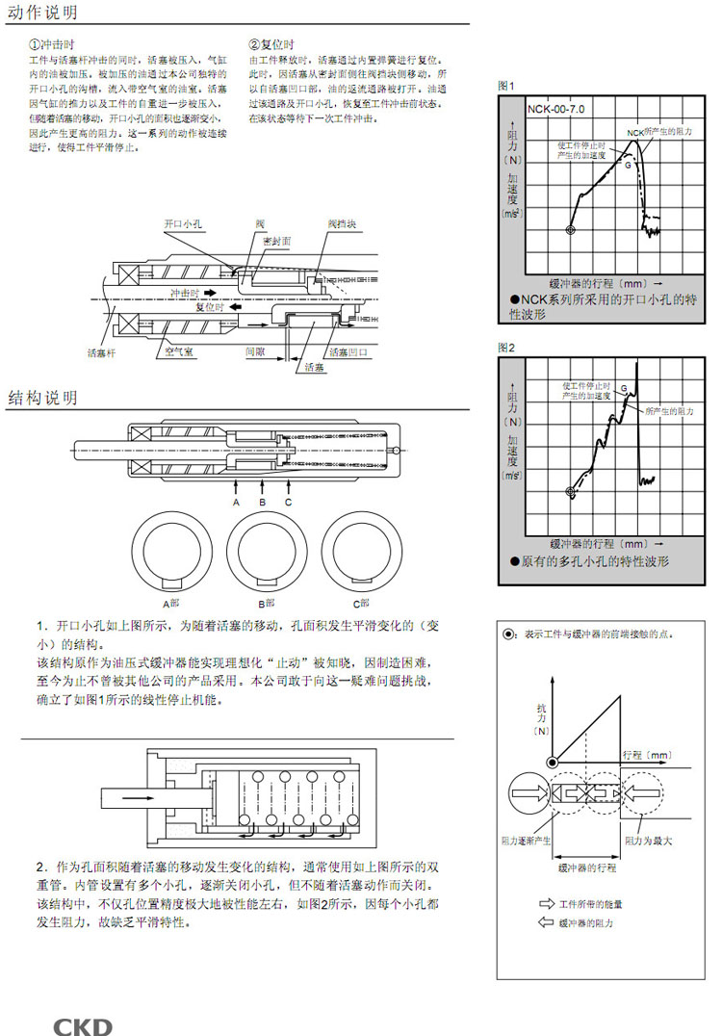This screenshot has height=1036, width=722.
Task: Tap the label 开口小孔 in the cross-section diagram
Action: coord(183,222)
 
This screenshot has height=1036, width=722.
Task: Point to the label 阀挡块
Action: coord(342,222)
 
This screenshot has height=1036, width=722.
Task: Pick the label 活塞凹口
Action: coord(348,352)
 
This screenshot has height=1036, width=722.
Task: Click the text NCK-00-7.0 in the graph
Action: coord(555,109)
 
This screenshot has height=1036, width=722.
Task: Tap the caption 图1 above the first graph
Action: coord(506,86)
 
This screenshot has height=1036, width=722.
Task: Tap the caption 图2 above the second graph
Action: coord(506,347)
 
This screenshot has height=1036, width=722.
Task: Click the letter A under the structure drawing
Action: coord(236,502)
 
